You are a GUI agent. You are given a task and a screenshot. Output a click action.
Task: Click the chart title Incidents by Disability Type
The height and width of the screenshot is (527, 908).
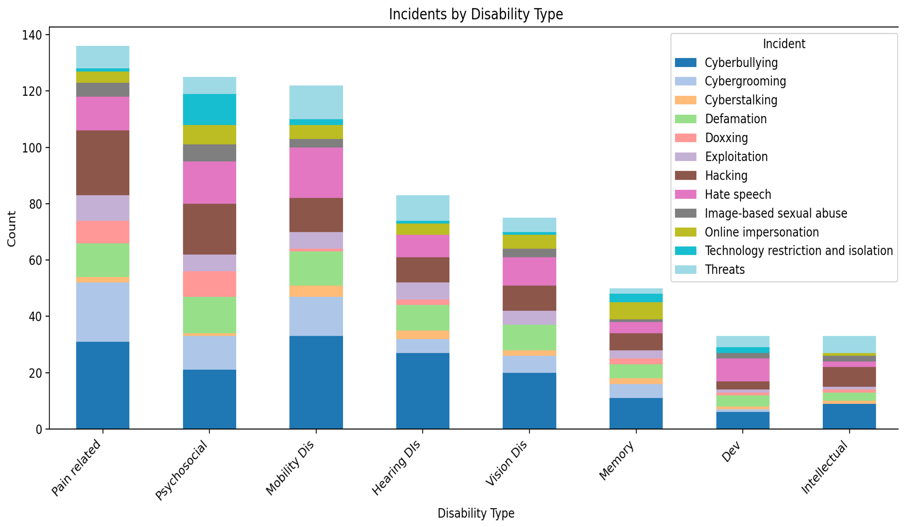(x=476, y=14)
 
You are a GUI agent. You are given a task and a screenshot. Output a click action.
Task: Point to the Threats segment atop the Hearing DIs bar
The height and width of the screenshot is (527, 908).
(x=423, y=208)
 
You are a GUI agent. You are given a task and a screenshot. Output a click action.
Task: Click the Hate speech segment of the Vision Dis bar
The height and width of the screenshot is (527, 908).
(x=529, y=271)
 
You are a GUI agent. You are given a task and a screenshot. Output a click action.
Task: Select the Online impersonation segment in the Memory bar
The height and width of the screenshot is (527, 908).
(x=636, y=310)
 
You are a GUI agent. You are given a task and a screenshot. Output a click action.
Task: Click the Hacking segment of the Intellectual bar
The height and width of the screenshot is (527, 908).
(x=849, y=377)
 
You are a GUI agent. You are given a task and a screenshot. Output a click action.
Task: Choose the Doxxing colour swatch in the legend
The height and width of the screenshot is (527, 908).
(x=685, y=138)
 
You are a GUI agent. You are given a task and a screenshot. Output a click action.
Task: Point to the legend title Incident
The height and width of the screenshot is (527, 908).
(x=784, y=44)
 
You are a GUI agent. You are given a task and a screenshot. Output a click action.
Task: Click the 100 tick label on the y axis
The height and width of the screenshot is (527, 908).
(x=32, y=148)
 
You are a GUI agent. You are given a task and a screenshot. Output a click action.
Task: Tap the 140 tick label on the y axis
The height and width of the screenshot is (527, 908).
(x=32, y=35)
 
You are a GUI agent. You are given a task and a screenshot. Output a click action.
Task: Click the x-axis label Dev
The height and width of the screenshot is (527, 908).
(x=731, y=452)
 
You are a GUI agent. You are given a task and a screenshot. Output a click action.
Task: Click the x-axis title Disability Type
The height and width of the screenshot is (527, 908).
(x=476, y=513)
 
